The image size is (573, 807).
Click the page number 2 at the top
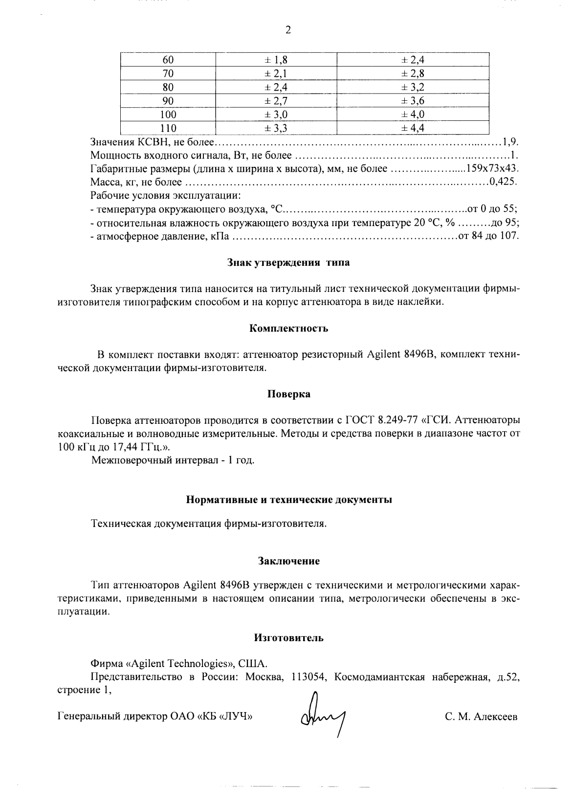click(x=287, y=30)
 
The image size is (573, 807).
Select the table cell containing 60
click(x=168, y=60)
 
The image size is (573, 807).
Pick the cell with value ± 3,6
click(x=413, y=101)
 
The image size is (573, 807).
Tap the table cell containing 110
click(x=168, y=128)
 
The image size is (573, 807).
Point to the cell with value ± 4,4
click(x=413, y=128)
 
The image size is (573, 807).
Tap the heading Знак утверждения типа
click(x=288, y=262)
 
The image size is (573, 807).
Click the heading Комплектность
click(x=288, y=328)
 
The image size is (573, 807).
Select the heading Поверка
click(x=288, y=394)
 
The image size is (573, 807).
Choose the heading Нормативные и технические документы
click(x=288, y=500)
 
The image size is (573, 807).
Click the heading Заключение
click(x=288, y=561)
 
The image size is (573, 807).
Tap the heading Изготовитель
click(x=288, y=638)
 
